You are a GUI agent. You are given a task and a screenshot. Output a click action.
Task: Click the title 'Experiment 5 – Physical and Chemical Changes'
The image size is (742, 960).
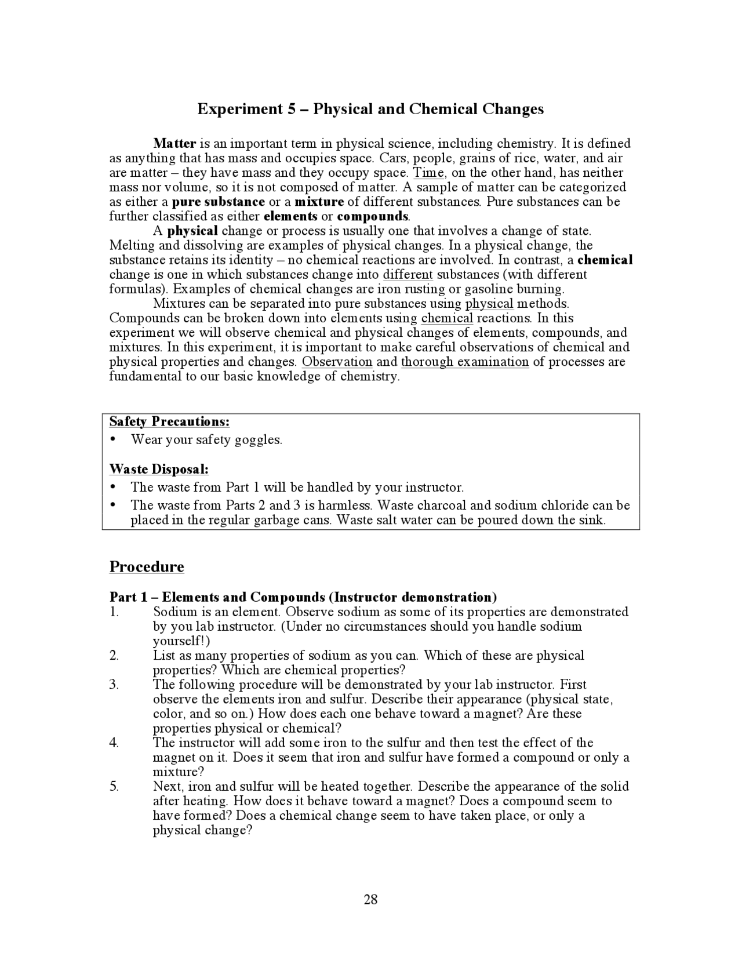click(x=370, y=109)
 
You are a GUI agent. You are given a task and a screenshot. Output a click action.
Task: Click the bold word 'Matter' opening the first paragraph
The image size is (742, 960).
click(x=174, y=143)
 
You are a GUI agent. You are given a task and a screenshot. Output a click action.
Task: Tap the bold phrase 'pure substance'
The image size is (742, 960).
click(x=219, y=202)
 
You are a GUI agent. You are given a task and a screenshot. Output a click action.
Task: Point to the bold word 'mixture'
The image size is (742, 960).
click(x=319, y=202)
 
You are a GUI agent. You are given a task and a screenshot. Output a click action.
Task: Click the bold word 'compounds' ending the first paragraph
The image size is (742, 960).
click(x=373, y=216)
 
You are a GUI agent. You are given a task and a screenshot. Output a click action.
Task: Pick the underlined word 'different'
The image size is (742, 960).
click(x=408, y=274)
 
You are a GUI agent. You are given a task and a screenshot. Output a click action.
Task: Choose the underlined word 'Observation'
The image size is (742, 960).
click(x=337, y=362)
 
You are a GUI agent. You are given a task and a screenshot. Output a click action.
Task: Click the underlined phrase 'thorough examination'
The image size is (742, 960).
click(x=465, y=362)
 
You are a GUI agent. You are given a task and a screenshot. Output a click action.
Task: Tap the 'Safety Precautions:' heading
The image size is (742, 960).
click(x=169, y=421)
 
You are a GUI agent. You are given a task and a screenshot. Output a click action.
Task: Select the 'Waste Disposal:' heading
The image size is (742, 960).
click(x=159, y=468)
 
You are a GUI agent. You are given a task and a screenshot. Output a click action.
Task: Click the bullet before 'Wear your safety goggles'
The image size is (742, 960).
click(x=113, y=439)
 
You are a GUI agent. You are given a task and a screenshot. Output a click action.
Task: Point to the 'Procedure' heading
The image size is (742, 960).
click(x=147, y=566)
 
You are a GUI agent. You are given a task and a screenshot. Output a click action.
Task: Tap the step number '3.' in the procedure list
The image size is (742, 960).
click(x=114, y=685)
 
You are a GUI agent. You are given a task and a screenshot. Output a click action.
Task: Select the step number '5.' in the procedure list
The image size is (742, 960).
click(x=114, y=787)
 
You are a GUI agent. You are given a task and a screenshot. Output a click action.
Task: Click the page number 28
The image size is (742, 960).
click(x=370, y=899)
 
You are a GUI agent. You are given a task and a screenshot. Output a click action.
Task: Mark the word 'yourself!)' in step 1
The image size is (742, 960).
click(x=181, y=641)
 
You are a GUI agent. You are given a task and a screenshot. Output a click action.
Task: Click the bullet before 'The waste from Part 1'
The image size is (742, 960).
click(x=113, y=487)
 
